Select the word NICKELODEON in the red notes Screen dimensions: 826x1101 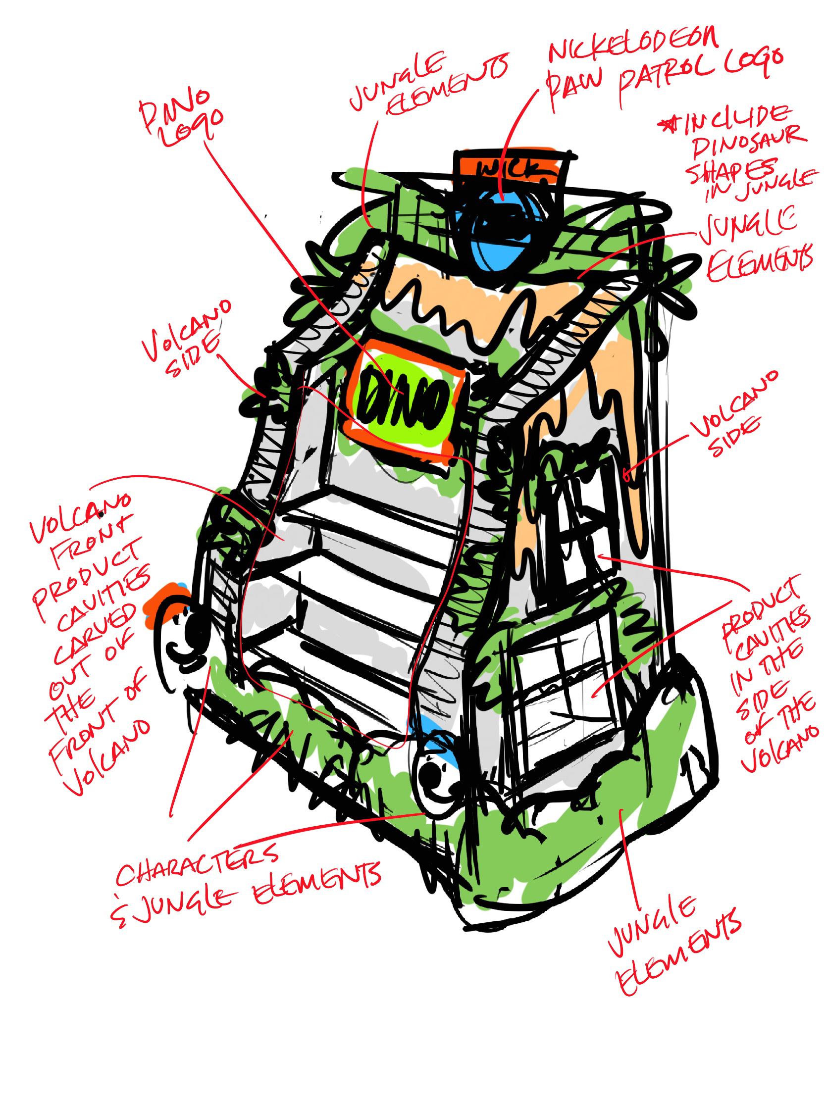[x=632, y=45]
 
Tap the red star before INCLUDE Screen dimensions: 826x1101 [x=667, y=124]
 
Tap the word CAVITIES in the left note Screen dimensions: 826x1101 [x=104, y=598]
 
